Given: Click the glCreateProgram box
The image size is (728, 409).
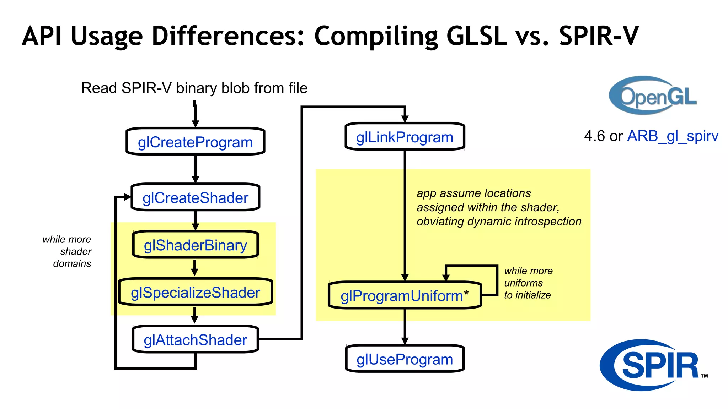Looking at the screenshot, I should pyautogui.click(x=195, y=142).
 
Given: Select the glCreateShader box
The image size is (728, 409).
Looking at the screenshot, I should pyautogui.click(x=195, y=197).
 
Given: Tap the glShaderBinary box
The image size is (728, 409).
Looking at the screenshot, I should pyautogui.click(x=195, y=245).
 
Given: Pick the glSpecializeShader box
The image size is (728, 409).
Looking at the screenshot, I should pyautogui.click(x=195, y=292).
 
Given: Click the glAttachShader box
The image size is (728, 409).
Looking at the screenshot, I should pyautogui.click(x=195, y=339).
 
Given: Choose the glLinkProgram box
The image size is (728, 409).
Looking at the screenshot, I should pyautogui.click(x=405, y=137).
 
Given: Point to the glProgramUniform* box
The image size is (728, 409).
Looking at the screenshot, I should pyautogui.click(x=405, y=295).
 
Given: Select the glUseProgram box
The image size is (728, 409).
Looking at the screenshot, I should pyautogui.click(x=405, y=359).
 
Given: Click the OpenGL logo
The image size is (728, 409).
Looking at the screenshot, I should pyautogui.click(x=653, y=95).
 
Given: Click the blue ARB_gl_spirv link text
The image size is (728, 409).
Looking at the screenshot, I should pyautogui.click(x=673, y=136).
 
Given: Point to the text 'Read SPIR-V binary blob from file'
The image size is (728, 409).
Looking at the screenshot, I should pyautogui.click(x=194, y=88).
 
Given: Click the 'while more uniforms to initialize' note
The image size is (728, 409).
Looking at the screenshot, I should pyautogui.click(x=528, y=283).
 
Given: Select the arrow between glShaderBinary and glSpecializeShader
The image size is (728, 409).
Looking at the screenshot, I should pyautogui.click(x=194, y=268).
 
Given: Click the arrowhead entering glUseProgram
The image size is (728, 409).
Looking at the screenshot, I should pyautogui.click(x=405, y=340).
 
